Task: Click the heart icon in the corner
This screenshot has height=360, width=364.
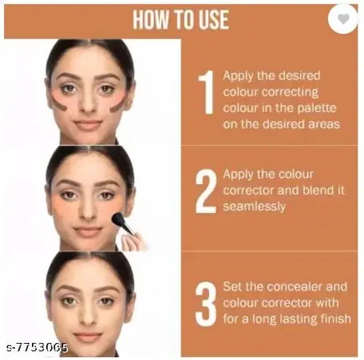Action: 343,19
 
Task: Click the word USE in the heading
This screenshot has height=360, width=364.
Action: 210,20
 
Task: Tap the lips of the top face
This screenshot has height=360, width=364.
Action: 88,124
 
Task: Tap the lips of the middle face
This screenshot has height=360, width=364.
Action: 90,231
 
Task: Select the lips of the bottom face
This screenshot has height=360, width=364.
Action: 88,335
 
